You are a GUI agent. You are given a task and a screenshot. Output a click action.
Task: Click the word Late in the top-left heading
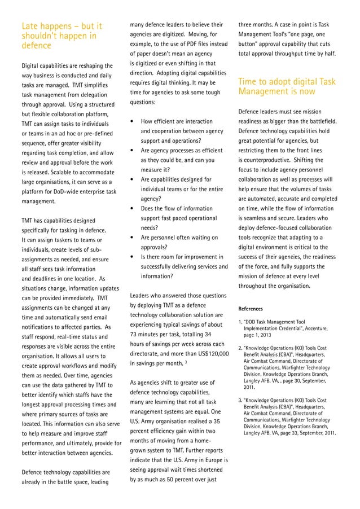tap(30, 26)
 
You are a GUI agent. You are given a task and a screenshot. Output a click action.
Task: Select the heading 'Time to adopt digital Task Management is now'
tap(287, 86)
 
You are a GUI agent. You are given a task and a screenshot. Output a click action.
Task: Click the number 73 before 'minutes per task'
tap(135, 335)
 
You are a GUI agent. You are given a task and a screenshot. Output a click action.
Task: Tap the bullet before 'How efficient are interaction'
tap(131, 121)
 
